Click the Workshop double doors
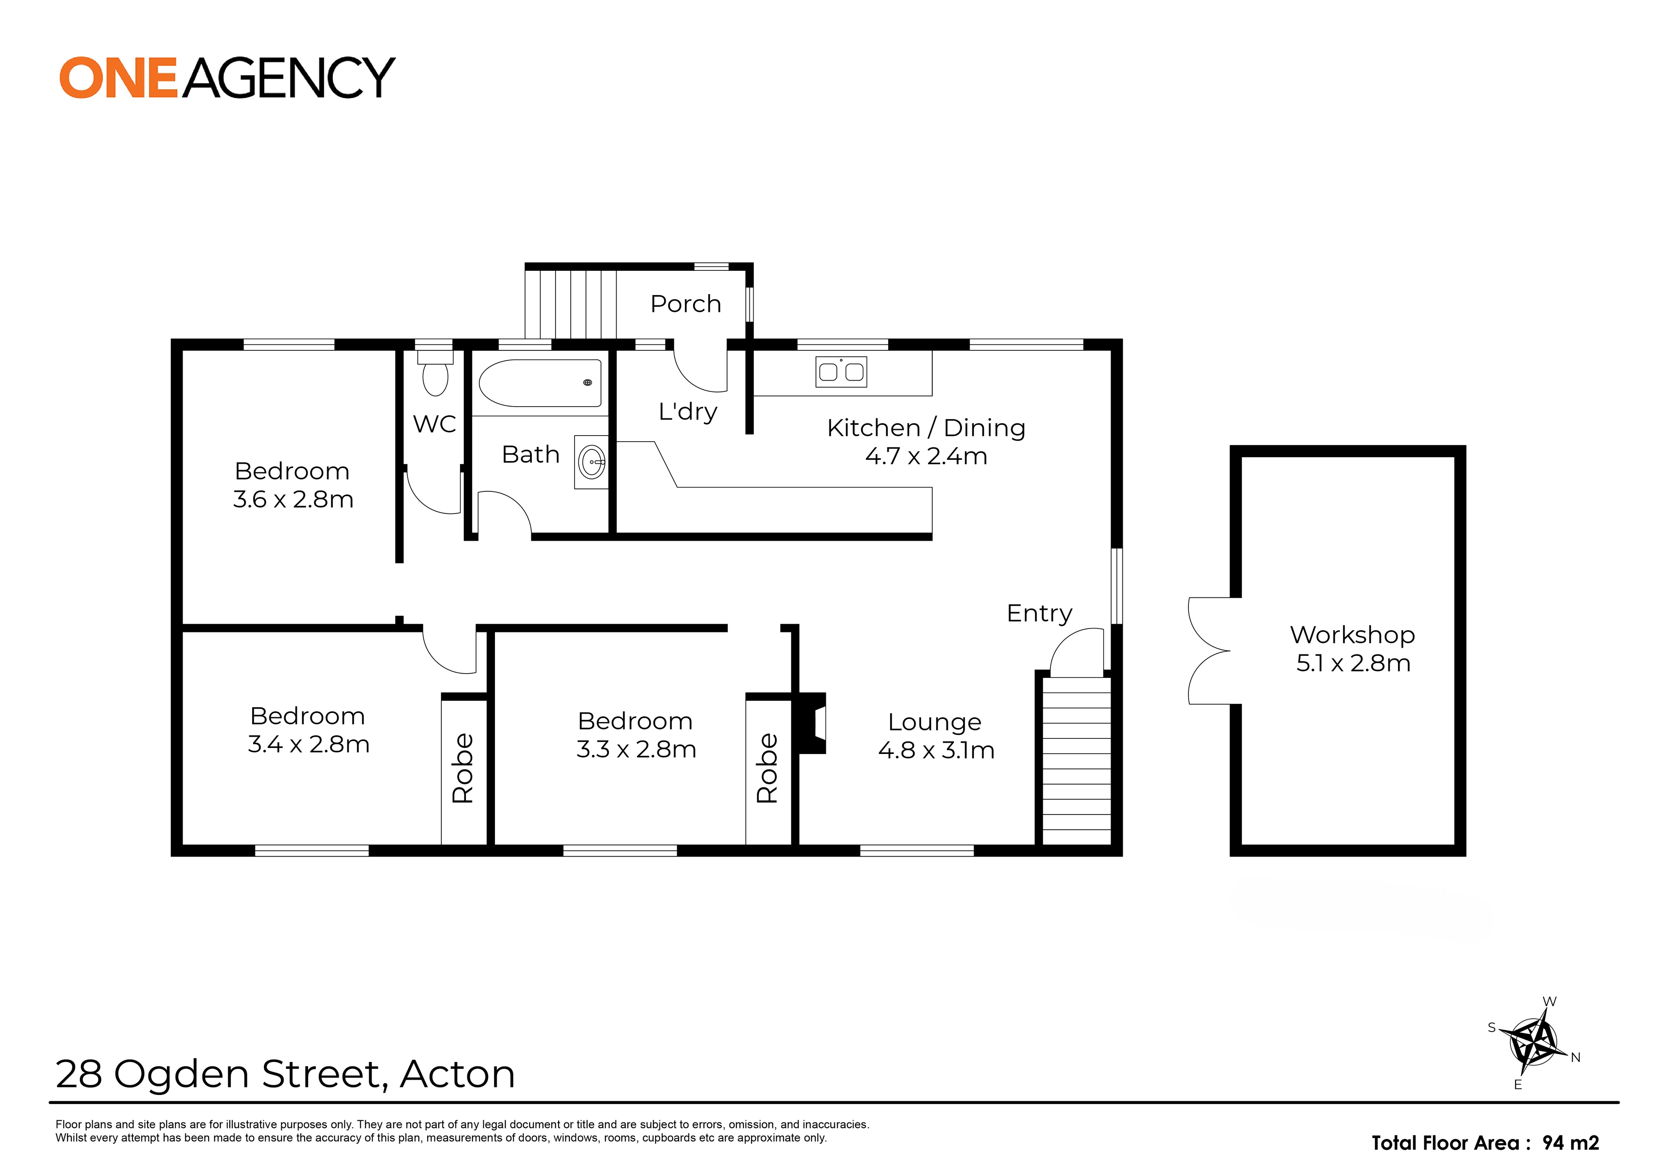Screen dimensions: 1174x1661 point(1210,650)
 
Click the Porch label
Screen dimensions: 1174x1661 point(685,304)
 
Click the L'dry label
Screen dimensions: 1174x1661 point(687,411)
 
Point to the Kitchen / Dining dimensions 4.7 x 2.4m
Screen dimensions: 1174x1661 point(926,456)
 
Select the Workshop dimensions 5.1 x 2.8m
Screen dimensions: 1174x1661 point(1353,663)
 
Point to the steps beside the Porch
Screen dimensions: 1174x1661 point(570,304)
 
